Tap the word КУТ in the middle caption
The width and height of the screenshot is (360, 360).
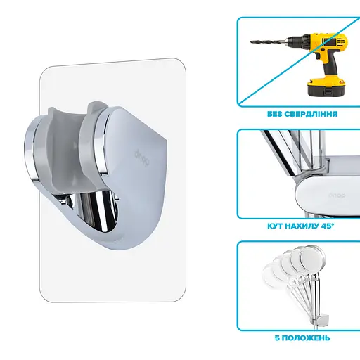pyautogui.click(x=276, y=226)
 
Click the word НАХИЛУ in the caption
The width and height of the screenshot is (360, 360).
pyautogui.click(x=302, y=226)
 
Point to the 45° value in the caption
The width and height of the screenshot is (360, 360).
pyautogui.click(x=327, y=226)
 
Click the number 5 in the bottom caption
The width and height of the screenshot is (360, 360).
pyautogui.click(x=277, y=338)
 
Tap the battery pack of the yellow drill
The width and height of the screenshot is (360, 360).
pyautogui.click(x=326, y=86)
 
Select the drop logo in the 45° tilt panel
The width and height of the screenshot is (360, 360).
pyautogui.click(x=337, y=195)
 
